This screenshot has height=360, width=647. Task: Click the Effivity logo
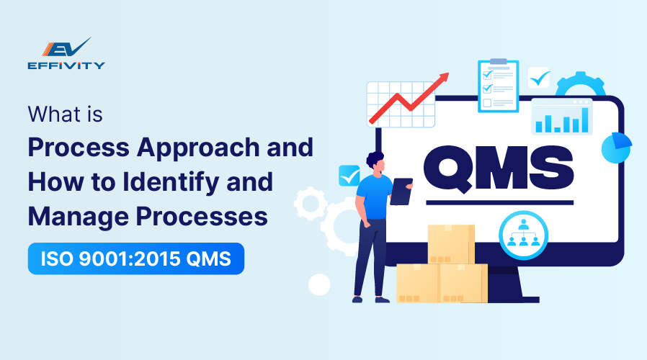tap(66, 53)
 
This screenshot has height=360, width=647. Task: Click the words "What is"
tap(65, 114)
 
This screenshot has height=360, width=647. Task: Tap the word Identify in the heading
tap(171, 183)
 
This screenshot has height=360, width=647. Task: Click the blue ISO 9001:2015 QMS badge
tap(136, 258)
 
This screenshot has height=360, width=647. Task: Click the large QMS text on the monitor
tap(499, 168)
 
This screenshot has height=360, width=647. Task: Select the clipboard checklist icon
tap(499, 86)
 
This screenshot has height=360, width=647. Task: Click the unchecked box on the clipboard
tap(487, 103)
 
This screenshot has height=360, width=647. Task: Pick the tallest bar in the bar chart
tap(585, 120)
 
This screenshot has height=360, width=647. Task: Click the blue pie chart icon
tap(617, 147)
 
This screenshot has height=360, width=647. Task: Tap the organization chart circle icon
tap(523, 235)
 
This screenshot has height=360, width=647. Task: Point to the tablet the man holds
tap(401, 192)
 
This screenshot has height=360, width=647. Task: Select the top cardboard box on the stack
tap(451, 244)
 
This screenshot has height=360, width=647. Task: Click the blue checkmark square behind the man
tap(349, 176)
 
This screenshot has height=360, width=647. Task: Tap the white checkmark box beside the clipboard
tap(539, 78)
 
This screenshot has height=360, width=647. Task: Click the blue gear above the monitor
tap(580, 84)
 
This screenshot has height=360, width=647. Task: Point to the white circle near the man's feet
tap(319, 284)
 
